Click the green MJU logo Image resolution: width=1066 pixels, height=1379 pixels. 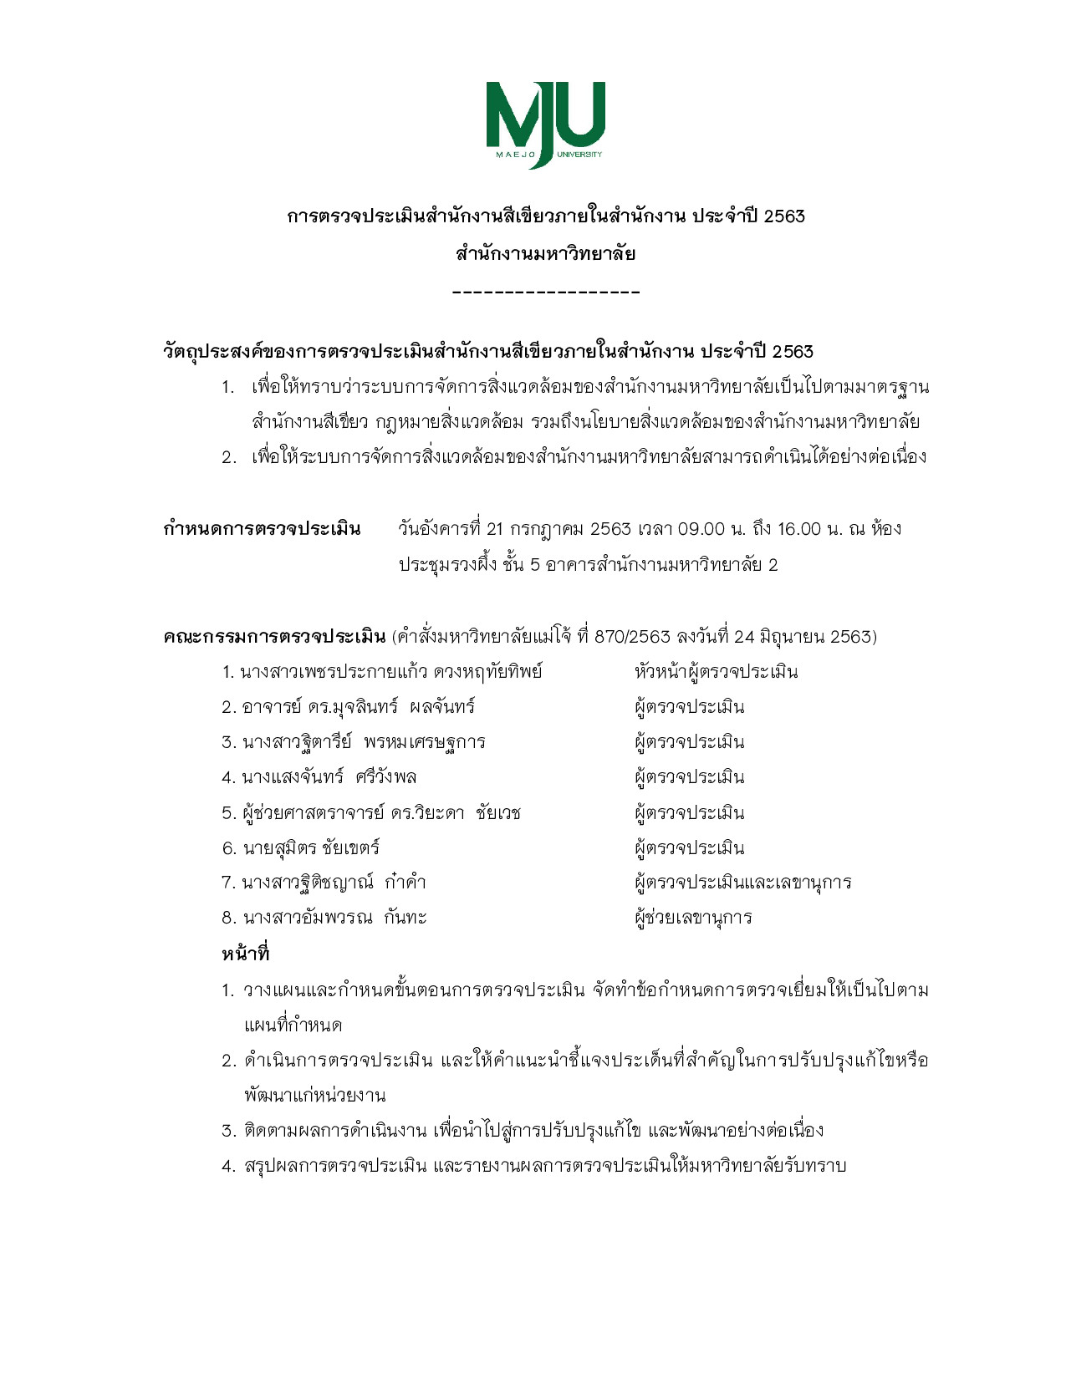pos(545,123)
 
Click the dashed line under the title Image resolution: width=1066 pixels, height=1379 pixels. pos(545,293)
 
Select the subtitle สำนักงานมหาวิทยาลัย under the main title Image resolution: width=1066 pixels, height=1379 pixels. pos(545,253)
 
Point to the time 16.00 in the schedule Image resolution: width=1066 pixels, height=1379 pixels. pos(799,529)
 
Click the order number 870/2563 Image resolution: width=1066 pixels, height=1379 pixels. pos(632,637)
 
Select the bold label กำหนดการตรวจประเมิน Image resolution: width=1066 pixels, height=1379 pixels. pos(262,529)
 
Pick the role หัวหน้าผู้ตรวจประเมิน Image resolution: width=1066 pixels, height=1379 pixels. pos(716,672)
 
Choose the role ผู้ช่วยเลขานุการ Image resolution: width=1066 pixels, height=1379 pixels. pos(693,918)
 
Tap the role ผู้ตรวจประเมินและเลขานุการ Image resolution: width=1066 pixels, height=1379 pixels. pos(742,883)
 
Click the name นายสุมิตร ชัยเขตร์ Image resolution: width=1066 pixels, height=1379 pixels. pos(311,848)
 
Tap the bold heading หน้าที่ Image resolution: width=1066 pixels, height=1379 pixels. pos(245,954)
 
